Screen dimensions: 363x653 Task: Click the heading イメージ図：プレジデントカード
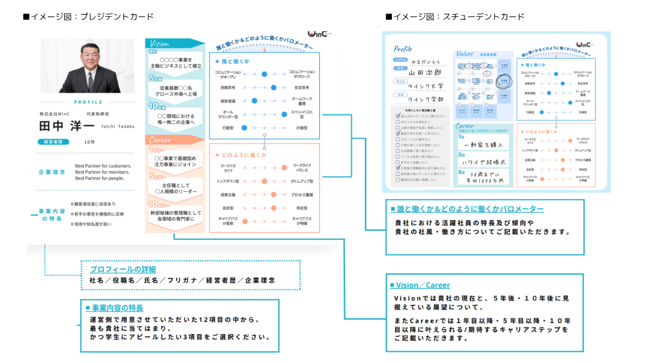[89, 17]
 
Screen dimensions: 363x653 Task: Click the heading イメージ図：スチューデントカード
[455, 17]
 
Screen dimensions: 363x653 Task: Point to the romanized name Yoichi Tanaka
[117, 127]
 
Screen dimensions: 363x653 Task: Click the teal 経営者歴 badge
[53, 142]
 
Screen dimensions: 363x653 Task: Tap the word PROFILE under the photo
[88, 102]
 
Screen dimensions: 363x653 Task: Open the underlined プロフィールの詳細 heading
[123, 269]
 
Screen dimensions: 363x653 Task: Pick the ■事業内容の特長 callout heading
[115, 308]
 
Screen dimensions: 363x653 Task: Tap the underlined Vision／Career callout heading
[420, 285]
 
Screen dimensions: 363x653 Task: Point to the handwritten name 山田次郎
[425, 73]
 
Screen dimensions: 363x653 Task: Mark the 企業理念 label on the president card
[52, 172]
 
